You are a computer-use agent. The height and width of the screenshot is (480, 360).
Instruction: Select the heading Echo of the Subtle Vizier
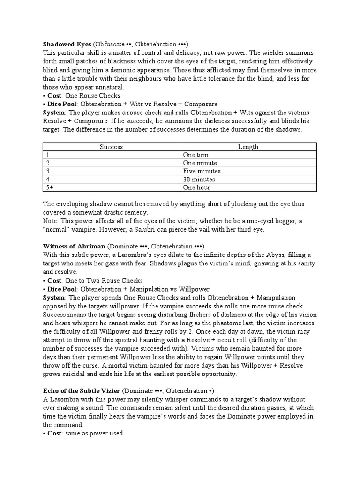[x=82, y=391]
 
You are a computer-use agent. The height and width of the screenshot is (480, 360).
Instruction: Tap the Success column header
[x=112, y=147]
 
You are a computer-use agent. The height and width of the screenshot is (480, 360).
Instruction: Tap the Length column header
[x=248, y=147]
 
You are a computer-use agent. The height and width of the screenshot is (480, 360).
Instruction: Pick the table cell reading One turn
[x=196, y=155]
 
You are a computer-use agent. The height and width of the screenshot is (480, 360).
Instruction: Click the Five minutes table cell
[x=202, y=171]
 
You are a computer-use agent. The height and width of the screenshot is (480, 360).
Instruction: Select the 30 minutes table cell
[x=199, y=180]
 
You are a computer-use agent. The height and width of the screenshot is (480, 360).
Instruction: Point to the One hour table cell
[x=197, y=187]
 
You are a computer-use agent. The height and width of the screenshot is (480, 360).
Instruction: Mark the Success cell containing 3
[x=47, y=171]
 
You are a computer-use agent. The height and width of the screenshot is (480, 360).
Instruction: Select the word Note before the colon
[x=50, y=221]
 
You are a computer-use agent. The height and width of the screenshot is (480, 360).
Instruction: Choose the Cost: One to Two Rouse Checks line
[x=90, y=280]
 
